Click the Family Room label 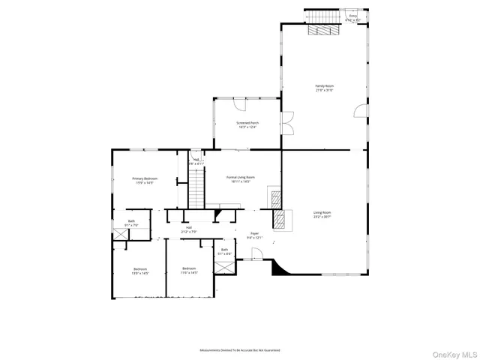tap(324, 86)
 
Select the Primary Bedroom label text tap(144, 178)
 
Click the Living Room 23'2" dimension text tap(322, 217)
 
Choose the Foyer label tap(255, 234)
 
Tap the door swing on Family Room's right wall tap(361, 112)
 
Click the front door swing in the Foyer tap(257, 257)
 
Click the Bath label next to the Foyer tap(224, 250)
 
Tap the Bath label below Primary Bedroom tap(131, 221)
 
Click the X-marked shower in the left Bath tap(121, 233)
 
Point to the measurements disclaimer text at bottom tap(239, 349)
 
